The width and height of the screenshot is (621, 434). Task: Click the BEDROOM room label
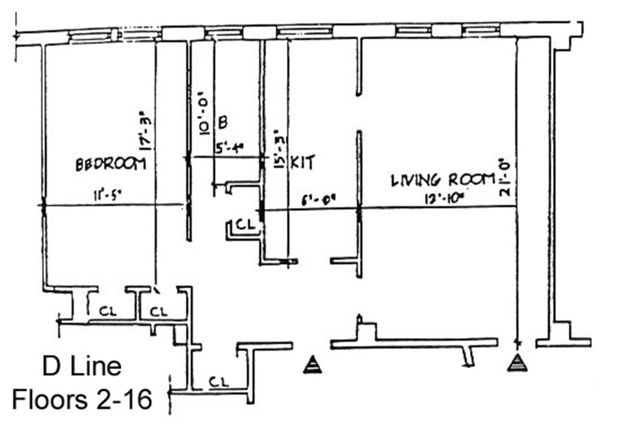(x=110, y=164)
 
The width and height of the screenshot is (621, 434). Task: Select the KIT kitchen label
(x=303, y=162)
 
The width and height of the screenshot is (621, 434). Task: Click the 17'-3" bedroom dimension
(x=144, y=130)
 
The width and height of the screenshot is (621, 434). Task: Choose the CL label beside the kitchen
(x=244, y=224)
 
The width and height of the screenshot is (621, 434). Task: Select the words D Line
(x=82, y=366)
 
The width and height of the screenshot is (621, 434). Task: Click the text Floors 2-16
(x=82, y=399)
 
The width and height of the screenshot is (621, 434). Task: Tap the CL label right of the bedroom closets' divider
(x=158, y=312)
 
